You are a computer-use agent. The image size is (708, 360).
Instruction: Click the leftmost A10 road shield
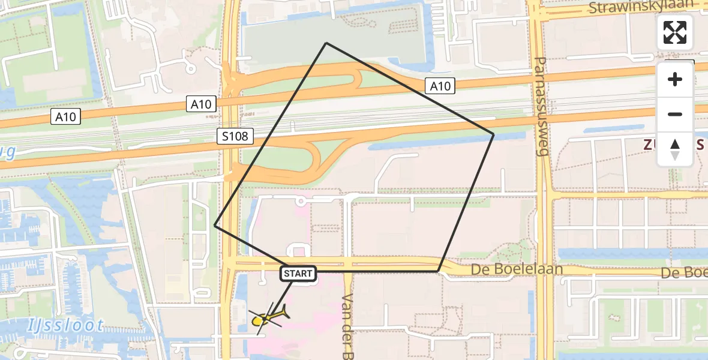click(x=65, y=116)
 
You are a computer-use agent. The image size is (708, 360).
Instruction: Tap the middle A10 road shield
click(x=200, y=104)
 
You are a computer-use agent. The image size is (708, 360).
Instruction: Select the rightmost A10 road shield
click(x=440, y=86)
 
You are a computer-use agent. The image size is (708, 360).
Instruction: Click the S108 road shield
click(x=235, y=136)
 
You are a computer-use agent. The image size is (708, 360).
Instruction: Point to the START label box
click(x=298, y=274)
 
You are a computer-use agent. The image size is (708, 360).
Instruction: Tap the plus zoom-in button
click(x=675, y=80)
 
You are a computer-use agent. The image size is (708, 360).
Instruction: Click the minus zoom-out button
click(x=675, y=115)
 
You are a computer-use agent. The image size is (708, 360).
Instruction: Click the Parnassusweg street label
click(x=541, y=107)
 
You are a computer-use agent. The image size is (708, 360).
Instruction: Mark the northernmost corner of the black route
click(x=326, y=43)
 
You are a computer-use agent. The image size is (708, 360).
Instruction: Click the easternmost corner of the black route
click(x=493, y=134)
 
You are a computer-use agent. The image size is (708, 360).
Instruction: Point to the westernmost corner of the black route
click(x=215, y=226)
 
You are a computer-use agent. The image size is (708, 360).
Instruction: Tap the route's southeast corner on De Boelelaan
click(x=438, y=271)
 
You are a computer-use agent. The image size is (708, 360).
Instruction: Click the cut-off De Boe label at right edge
click(x=684, y=273)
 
